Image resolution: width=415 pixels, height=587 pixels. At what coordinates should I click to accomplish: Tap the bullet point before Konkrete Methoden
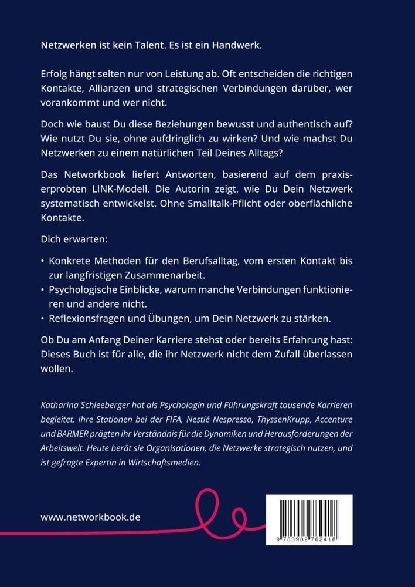point(43,260)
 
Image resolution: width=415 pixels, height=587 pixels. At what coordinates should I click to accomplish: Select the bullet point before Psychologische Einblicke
point(43,289)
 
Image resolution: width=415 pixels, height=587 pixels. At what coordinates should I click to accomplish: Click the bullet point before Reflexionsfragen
point(43,319)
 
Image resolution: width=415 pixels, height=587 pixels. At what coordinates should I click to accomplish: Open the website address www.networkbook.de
point(91,517)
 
